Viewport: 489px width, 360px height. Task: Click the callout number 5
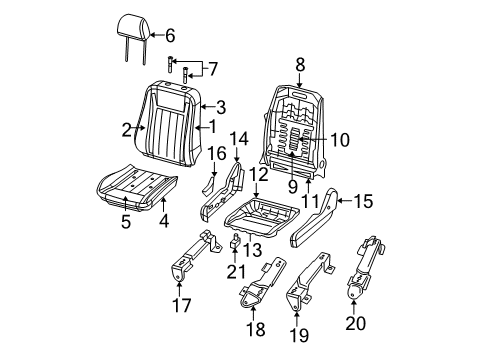pyautogui.click(x=126, y=223)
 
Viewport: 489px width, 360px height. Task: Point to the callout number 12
pyautogui.click(x=258, y=175)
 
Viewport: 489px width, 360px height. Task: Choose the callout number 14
pyautogui.click(x=238, y=138)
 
